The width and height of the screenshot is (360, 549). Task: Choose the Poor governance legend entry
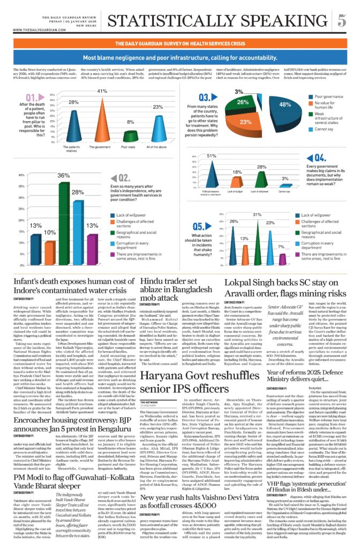coord(328,97)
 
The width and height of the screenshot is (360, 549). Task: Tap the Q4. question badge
coord(321,158)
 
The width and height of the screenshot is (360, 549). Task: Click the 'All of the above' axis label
coord(155,147)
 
